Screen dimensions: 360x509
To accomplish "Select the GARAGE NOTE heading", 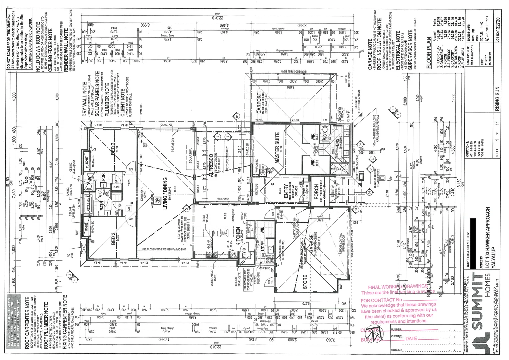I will click(x=370, y=58).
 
